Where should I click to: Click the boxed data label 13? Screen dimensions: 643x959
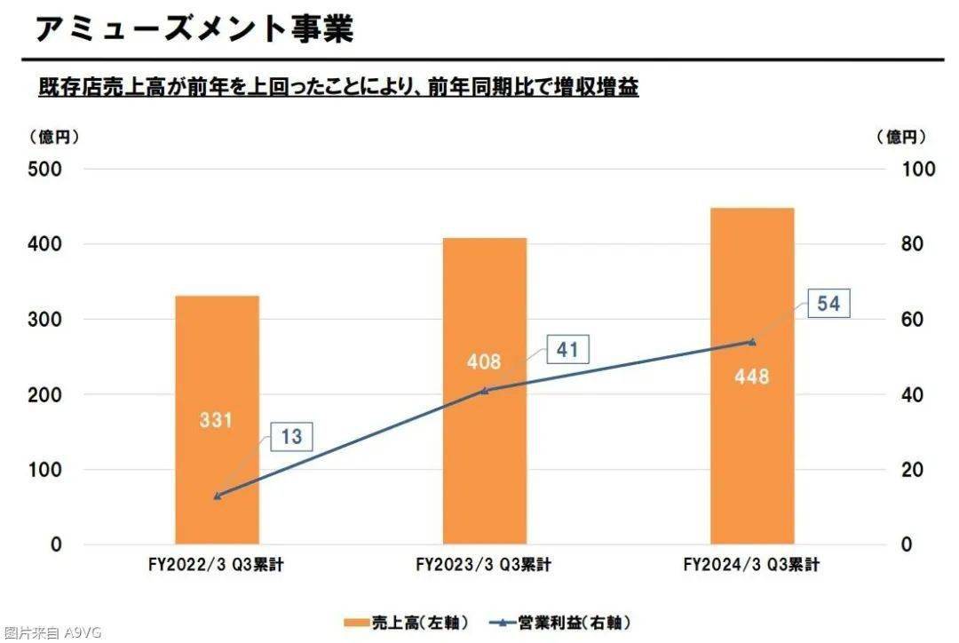291,437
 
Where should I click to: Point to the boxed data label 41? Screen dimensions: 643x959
567,350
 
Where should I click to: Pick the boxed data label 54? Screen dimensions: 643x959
828,304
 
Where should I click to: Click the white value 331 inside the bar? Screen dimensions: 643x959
216,419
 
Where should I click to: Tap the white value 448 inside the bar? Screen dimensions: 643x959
751,376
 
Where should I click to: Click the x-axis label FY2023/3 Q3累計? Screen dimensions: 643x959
483,565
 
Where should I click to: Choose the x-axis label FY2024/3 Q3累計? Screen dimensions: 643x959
751,565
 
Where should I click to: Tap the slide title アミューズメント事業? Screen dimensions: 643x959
194,28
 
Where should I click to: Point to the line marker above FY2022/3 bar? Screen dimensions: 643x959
217,496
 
